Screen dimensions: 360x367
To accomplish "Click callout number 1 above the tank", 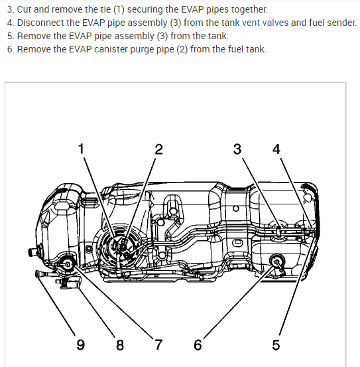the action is [81, 149].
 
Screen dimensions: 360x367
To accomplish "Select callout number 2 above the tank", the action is [158, 149].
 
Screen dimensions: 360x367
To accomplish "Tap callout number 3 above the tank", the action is [237, 149].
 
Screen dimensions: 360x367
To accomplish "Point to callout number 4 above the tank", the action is [276, 149].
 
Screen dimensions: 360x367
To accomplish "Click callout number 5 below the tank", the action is [276, 344].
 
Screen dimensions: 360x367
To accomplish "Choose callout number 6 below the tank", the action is [198, 344].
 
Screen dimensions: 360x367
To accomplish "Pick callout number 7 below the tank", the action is [158, 344].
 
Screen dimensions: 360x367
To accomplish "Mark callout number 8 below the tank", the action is [120, 344].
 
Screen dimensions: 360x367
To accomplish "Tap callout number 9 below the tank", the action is [81, 344].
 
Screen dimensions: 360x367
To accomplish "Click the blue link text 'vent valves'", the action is [265, 23].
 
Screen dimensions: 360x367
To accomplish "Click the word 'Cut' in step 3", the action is [24, 9].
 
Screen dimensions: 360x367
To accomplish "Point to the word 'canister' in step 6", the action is [110, 49].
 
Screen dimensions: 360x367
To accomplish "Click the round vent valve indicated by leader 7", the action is [68, 265].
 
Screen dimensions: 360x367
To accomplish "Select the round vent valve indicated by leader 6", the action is [277, 261].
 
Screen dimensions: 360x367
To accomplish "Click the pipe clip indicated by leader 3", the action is [278, 232].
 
